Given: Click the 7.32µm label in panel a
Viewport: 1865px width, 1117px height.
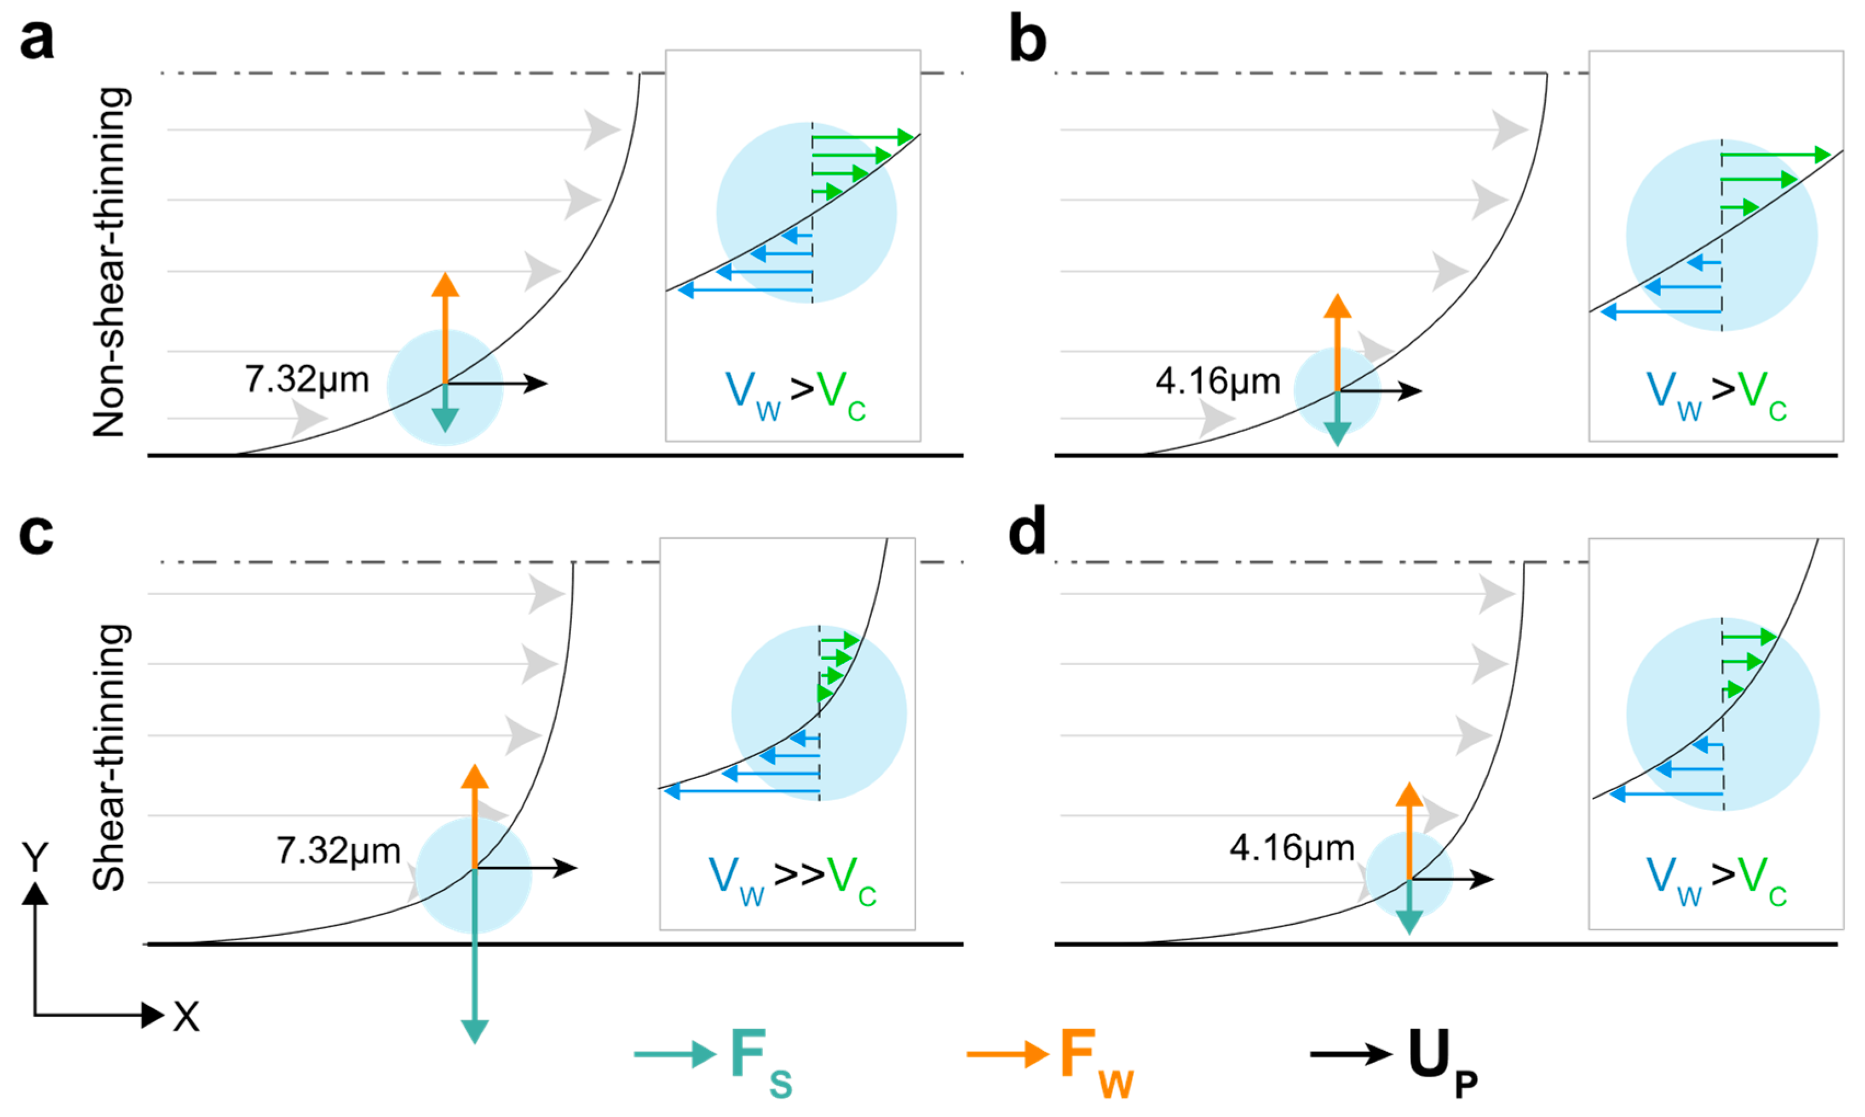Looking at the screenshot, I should (307, 380).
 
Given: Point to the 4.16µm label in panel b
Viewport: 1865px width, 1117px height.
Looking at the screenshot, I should (1218, 382).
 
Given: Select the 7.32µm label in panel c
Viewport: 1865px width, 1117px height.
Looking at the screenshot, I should (339, 852).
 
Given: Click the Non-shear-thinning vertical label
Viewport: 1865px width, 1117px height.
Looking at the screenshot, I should (110, 262).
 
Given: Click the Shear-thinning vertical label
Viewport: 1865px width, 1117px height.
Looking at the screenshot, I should (110, 757).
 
